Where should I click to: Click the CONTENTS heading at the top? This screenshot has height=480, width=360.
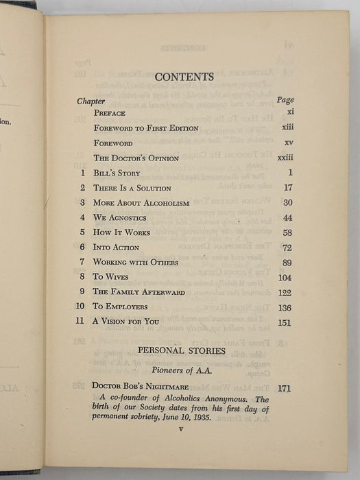point(185,77)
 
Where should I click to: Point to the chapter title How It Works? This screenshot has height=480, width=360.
point(124,232)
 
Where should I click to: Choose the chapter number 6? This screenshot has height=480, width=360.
point(82,247)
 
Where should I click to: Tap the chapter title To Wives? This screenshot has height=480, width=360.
point(114,277)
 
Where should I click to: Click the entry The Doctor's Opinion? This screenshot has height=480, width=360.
point(136,158)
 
